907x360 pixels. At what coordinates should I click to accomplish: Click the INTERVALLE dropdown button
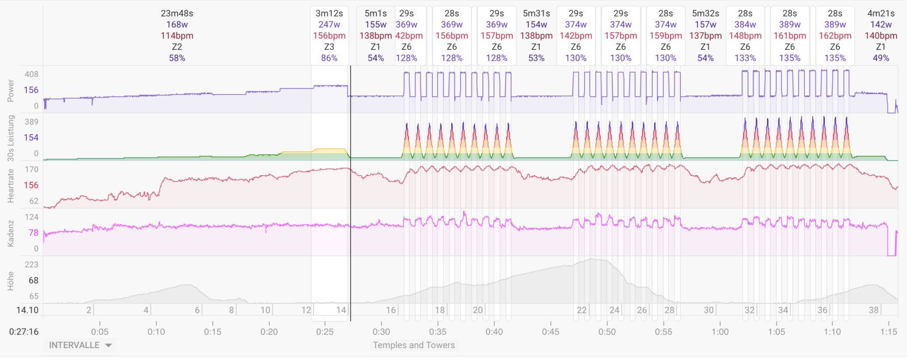click(80, 345)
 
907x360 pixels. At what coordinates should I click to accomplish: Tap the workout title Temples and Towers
click(414, 345)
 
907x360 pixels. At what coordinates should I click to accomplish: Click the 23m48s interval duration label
click(177, 13)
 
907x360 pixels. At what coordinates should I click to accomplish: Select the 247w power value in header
click(329, 24)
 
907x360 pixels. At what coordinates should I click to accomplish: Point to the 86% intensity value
click(329, 58)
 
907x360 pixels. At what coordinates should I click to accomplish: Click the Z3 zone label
click(329, 46)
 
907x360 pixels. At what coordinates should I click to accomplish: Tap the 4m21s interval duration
click(881, 13)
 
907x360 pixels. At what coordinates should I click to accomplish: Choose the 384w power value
click(745, 24)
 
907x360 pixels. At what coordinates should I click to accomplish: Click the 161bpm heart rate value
click(790, 36)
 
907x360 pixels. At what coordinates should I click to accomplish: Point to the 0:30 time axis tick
click(382, 332)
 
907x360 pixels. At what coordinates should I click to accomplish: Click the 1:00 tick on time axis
click(720, 332)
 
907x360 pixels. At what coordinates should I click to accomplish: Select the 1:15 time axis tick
click(889, 332)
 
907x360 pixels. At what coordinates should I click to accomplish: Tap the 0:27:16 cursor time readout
click(24, 332)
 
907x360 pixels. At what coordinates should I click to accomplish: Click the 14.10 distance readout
click(27, 310)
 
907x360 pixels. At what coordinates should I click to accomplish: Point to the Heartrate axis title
click(10, 185)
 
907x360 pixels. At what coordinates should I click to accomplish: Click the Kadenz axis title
click(10, 233)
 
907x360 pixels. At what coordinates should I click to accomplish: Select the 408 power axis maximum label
click(32, 74)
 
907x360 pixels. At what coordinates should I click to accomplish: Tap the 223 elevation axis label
click(32, 265)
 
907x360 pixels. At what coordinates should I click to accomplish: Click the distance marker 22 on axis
click(582, 310)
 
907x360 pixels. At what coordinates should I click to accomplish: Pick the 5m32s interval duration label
click(705, 13)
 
